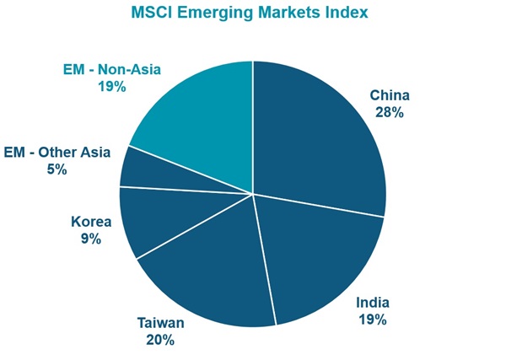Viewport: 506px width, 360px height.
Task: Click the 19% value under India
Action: (x=372, y=320)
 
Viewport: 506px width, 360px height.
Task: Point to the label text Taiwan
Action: (x=159, y=323)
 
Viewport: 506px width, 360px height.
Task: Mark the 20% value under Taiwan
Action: (x=159, y=340)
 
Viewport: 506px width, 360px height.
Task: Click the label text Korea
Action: (x=91, y=222)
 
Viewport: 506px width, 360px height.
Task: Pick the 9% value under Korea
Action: (x=91, y=239)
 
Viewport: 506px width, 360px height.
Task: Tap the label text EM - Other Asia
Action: (x=57, y=153)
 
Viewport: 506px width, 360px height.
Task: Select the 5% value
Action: (x=57, y=169)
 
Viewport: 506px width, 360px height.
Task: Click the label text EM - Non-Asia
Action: (x=112, y=69)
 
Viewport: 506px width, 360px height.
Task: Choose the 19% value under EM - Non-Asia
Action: (x=112, y=86)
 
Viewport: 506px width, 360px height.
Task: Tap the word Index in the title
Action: (x=347, y=13)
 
